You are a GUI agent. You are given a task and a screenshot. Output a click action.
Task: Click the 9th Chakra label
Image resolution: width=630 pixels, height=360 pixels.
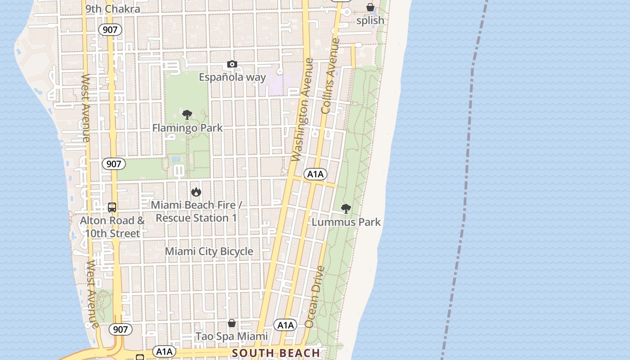click(112, 9)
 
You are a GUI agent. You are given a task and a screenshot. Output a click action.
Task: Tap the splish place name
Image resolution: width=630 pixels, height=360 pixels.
click(370, 21)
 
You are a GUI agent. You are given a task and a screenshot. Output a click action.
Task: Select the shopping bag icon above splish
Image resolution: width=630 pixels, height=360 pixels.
click(370, 7)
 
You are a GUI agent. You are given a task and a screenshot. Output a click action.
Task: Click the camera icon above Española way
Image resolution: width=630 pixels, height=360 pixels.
click(232, 64)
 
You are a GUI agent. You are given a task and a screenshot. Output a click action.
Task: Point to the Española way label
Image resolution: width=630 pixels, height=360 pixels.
click(232, 77)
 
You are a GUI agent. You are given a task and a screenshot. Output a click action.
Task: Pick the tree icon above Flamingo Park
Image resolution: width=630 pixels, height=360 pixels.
click(187, 115)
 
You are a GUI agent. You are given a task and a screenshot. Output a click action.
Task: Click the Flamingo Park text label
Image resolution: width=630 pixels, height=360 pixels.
click(187, 128)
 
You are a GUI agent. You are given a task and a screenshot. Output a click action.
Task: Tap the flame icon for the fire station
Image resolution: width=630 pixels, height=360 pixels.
click(196, 192)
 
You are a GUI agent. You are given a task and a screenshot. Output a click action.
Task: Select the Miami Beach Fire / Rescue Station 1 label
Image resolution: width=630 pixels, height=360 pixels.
click(196, 211)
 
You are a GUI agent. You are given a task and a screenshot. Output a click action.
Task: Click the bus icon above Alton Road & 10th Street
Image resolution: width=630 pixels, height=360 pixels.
click(112, 208)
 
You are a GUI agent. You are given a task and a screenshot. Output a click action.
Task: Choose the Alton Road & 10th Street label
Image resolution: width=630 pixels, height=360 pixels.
click(112, 227)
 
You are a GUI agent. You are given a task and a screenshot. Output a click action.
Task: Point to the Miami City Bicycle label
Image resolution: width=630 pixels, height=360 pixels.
click(209, 252)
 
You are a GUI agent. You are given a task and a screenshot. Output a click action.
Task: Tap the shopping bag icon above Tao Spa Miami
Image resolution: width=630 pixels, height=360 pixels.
click(231, 323)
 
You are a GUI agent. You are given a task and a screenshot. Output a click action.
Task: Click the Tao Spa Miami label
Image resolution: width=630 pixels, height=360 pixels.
click(231, 337)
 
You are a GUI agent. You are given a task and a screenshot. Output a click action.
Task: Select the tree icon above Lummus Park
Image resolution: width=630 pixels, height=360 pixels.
click(346, 209)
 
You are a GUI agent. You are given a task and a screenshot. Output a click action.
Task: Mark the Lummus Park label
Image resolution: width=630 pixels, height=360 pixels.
click(346, 222)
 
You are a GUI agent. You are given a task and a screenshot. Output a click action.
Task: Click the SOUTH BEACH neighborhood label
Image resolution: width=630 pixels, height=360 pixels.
click(276, 353)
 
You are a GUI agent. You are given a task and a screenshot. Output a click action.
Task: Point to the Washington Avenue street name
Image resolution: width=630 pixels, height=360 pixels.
click(302, 110)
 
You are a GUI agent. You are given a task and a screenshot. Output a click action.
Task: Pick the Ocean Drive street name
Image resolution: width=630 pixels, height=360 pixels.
click(315, 297)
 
